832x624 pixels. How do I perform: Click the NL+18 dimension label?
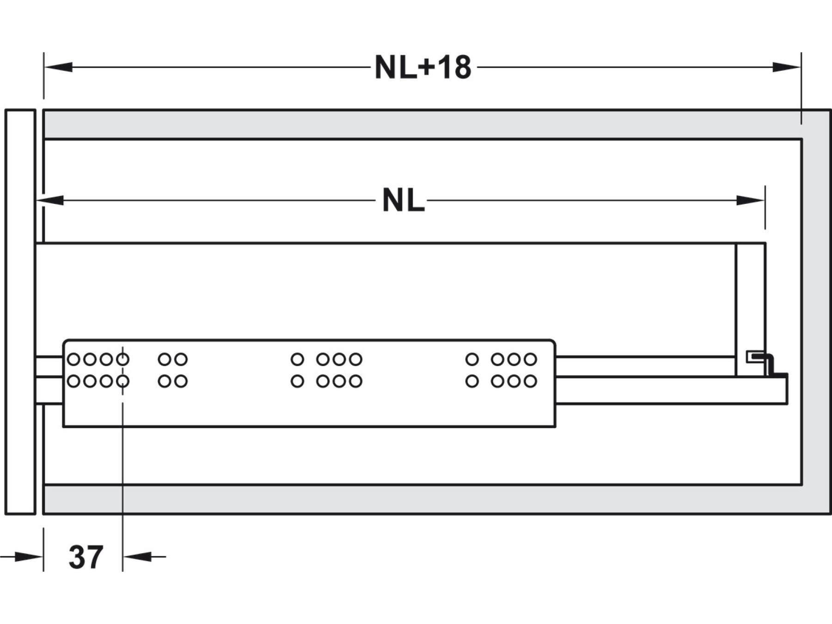(x=422, y=68)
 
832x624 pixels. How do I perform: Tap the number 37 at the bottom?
(x=86, y=557)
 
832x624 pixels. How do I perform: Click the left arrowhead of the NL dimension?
(x=50, y=201)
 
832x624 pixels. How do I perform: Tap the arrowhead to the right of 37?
(x=138, y=557)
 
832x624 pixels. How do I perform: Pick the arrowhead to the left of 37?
(x=29, y=557)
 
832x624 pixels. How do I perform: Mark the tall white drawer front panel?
(x=20, y=312)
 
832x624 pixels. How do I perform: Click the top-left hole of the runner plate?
(x=73, y=359)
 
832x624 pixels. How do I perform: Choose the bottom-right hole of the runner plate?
(x=530, y=381)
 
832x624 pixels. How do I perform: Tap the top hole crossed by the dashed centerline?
(x=122, y=359)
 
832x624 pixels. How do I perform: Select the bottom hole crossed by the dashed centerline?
(x=122, y=381)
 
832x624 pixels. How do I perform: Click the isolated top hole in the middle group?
(x=297, y=359)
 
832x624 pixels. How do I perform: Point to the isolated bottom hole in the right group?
(x=472, y=381)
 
